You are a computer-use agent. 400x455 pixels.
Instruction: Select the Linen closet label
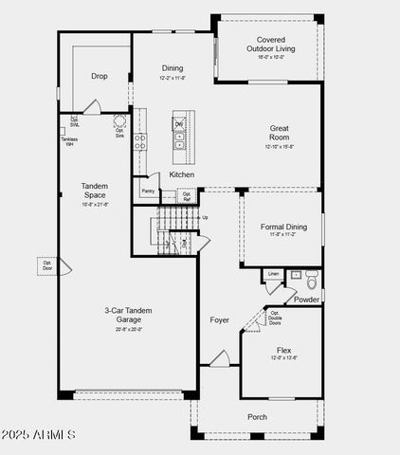click(273, 274)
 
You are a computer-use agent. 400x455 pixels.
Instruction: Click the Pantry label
click(148, 191)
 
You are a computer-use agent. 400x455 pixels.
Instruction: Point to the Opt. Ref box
click(187, 196)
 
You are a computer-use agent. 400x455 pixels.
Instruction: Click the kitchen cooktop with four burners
click(140, 142)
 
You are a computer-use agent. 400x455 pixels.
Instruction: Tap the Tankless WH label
click(70, 142)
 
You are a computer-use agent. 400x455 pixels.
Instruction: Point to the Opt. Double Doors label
click(274, 318)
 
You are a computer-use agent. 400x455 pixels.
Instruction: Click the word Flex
click(283, 349)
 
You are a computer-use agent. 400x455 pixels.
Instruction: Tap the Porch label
click(257, 416)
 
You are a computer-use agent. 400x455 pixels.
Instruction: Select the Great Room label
click(279, 134)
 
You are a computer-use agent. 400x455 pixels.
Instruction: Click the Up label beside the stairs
click(205, 217)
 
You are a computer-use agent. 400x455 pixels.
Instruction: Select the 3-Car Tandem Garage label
click(128, 315)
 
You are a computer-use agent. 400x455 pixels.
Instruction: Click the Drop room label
click(99, 76)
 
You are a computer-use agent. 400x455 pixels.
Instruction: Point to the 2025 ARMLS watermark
click(38, 434)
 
